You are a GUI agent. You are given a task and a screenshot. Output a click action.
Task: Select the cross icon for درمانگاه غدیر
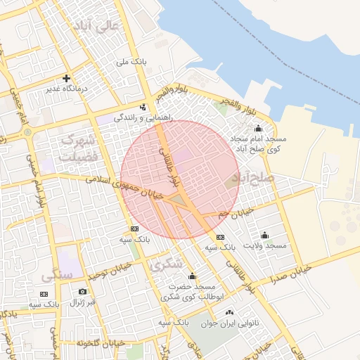pos(66,78)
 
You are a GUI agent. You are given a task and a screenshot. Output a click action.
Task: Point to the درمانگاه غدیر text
pos(66,89)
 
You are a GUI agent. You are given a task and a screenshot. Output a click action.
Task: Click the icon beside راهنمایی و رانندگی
pos(143,108)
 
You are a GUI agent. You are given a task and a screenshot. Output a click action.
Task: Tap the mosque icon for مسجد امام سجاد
pos(257,128)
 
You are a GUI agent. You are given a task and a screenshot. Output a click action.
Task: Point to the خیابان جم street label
pos(234,212)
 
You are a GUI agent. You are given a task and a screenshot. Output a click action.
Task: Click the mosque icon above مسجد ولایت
pos(264,234)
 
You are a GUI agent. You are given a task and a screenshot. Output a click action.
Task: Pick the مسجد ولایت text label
pos(265,245)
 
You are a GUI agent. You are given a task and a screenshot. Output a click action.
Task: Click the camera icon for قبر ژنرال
pos(82,291)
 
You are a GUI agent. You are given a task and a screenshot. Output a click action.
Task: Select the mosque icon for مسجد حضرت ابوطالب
pos(192,276)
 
